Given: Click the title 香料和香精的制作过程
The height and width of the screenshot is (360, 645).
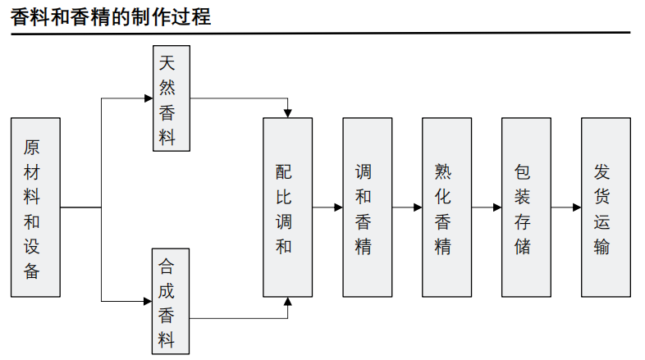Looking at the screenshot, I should pos(112,16).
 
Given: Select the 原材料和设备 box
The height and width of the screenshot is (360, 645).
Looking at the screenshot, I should pos(36,207).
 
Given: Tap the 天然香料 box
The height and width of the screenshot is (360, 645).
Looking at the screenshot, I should pos(171,98).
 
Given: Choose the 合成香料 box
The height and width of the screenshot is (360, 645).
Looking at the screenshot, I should pos(171,301).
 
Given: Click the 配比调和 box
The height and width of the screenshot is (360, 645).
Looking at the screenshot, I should pos(287,207).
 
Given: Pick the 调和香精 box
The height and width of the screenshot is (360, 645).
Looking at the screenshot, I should pos(367,207).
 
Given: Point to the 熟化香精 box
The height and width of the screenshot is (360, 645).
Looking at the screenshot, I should pos(446,207).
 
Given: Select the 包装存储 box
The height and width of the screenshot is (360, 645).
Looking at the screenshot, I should pos(526,207).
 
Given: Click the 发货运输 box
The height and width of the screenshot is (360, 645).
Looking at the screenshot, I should pos(606,207).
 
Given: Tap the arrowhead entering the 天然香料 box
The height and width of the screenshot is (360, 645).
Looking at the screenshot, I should pos(149,98).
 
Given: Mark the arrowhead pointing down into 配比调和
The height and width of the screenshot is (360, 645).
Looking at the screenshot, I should pos(287,113).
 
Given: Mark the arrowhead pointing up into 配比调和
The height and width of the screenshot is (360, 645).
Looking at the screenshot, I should pos(287,302).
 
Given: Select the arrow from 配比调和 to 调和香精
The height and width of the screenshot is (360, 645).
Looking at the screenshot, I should pos(327,207).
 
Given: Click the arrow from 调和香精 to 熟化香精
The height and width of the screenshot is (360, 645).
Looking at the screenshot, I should pos(407,207).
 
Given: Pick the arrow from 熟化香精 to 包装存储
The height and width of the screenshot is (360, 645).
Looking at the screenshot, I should pos(487,207).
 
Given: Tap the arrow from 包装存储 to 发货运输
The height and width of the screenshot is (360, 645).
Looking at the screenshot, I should pos(566,207).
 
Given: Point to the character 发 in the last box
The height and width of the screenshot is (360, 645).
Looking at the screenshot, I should pos(602,171).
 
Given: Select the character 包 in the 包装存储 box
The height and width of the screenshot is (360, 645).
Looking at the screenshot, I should pos(523,171).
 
